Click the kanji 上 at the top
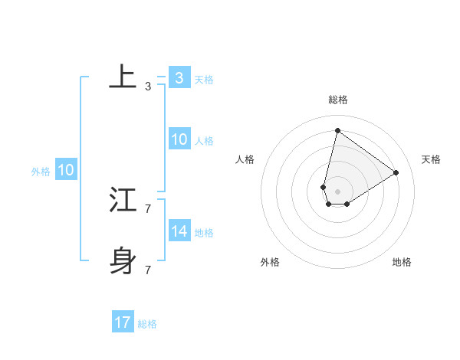123,77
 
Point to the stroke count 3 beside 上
147,87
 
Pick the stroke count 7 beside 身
147,270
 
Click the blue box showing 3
179,77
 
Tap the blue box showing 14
179,231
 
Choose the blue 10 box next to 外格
65,170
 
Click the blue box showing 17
123,322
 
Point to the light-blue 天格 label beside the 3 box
203,79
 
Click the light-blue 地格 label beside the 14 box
203,232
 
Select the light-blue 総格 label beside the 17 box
147,324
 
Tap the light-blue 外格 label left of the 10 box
41,172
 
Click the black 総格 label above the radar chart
337,100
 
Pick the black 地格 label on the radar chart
402,262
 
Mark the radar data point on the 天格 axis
396,172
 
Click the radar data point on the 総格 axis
337,130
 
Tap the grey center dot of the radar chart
337,191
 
